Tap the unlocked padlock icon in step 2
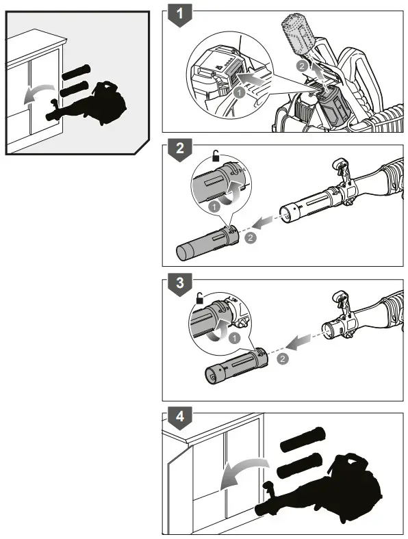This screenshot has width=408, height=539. tap(216, 157)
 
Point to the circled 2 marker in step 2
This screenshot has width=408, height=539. tap(251, 237)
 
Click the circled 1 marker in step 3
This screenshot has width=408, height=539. tap(235, 337)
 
